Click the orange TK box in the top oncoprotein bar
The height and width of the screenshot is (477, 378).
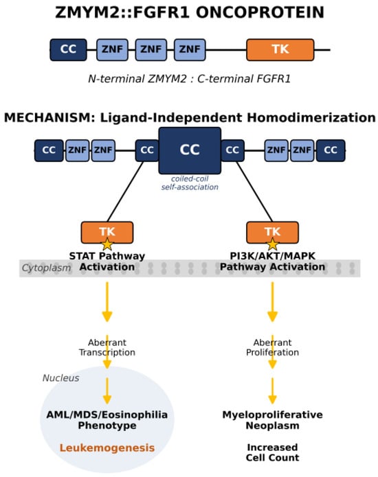[280, 49]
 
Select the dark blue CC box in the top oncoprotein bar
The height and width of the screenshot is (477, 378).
[68, 49]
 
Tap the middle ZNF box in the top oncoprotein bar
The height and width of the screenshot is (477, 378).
[151, 49]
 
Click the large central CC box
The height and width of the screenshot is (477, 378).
[190, 150]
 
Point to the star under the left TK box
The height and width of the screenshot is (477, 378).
[107, 244]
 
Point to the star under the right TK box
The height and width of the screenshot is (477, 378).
[273, 244]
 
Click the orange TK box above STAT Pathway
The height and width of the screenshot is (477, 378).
[107, 232]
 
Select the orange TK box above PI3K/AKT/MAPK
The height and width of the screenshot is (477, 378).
[273, 232]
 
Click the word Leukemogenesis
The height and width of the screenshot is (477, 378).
[107, 447]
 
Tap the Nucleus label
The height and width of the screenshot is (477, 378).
[61, 378]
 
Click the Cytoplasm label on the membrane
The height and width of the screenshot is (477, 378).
[46, 268]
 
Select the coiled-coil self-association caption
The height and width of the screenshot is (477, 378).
[190, 183]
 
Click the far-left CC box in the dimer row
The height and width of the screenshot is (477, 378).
[49, 150]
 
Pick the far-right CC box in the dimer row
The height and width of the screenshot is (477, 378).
[331, 150]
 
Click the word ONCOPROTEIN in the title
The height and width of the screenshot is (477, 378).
[260, 13]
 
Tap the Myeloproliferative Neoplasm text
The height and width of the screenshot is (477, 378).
[273, 420]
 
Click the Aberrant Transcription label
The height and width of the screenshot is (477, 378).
[107, 347]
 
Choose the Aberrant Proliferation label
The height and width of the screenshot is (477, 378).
[273, 347]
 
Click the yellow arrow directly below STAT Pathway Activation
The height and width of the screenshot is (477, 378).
[107, 302]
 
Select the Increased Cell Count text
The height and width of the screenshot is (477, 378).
[273, 452]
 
